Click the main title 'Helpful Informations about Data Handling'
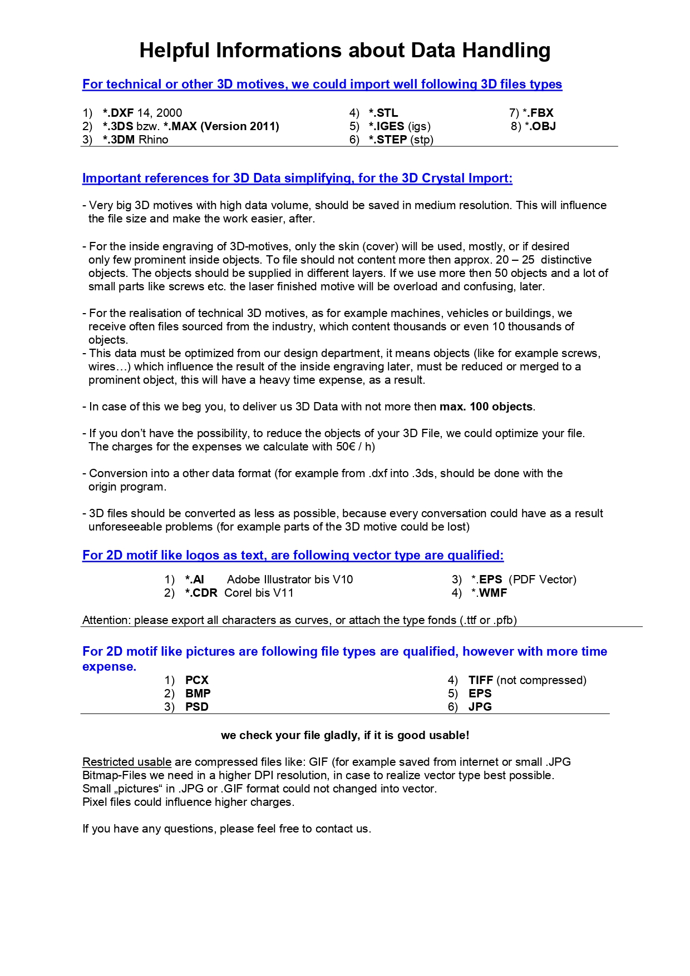[x=344, y=51]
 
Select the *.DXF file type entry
[x=119, y=113]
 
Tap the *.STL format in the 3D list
[x=383, y=113]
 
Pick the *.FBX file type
[x=538, y=113]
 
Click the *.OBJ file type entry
[x=540, y=126]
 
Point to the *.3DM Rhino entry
[x=135, y=140]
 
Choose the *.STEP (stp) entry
[x=401, y=140]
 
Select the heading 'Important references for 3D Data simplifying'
[x=297, y=179]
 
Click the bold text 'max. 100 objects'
[x=486, y=407]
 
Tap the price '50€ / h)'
[x=356, y=447]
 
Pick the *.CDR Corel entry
[x=239, y=593]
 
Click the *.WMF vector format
[x=489, y=593]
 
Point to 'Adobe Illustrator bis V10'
[x=290, y=579]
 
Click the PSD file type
[x=197, y=707]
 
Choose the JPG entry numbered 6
[x=480, y=707]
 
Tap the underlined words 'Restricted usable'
[x=127, y=762]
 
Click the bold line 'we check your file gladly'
[x=345, y=735]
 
